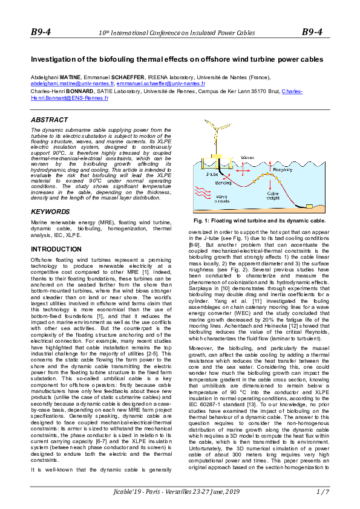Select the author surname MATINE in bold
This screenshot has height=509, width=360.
point(67,77)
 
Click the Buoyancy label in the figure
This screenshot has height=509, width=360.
point(285,170)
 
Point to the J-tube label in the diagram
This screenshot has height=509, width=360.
point(212,173)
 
